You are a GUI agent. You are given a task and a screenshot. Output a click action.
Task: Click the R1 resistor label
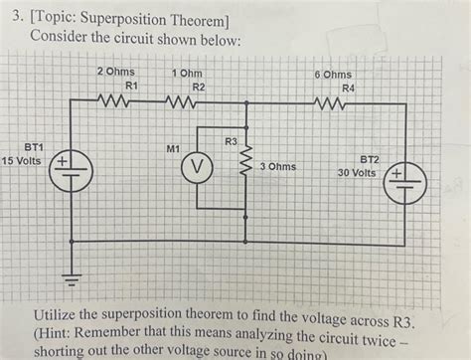(130, 87)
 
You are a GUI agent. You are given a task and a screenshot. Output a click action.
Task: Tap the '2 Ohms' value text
(116, 74)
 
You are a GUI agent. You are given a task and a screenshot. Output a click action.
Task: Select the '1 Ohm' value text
(188, 74)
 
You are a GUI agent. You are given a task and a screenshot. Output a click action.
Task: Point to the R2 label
(199, 87)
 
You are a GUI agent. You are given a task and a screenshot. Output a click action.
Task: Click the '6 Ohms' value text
(332, 75)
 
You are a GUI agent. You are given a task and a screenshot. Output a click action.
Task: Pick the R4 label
(347, 88)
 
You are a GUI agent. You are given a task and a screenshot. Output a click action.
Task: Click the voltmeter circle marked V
(197, 168)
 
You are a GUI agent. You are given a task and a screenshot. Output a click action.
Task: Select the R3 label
(232, 141)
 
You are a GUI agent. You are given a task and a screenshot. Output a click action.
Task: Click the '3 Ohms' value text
(277, 166)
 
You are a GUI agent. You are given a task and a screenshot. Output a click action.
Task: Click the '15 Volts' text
(22, 159)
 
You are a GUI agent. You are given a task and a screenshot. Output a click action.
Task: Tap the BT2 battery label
(370, 158)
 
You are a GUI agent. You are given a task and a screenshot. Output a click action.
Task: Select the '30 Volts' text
(356, 171)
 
